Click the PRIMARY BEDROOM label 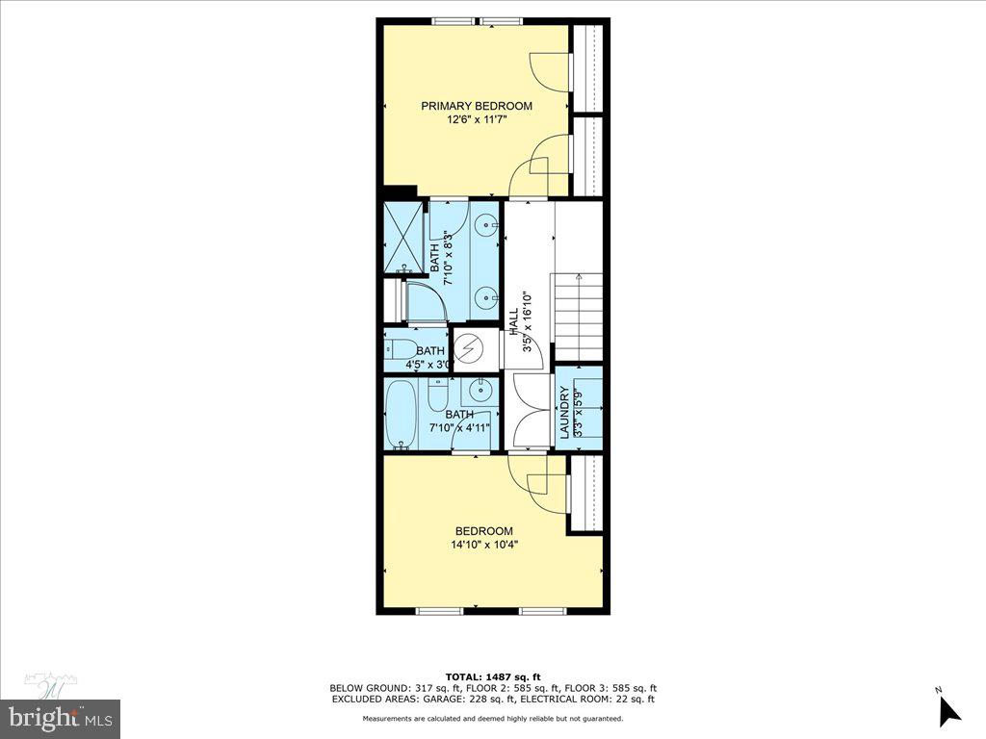point(476,106)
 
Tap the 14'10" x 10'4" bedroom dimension point(483,545)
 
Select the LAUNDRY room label point(565,412)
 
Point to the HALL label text point(513,319)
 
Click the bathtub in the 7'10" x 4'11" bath point(401,414)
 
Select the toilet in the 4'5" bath point(400,348)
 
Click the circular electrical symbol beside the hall point(470,348)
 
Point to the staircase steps point(579,318)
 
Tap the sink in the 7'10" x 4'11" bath point(480,393)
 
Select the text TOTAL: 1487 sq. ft point(492,675)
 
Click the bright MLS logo point(60,717)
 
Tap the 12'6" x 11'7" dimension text point(476,120)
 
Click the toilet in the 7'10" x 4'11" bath point(438,395)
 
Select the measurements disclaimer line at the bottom point(492,719)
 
